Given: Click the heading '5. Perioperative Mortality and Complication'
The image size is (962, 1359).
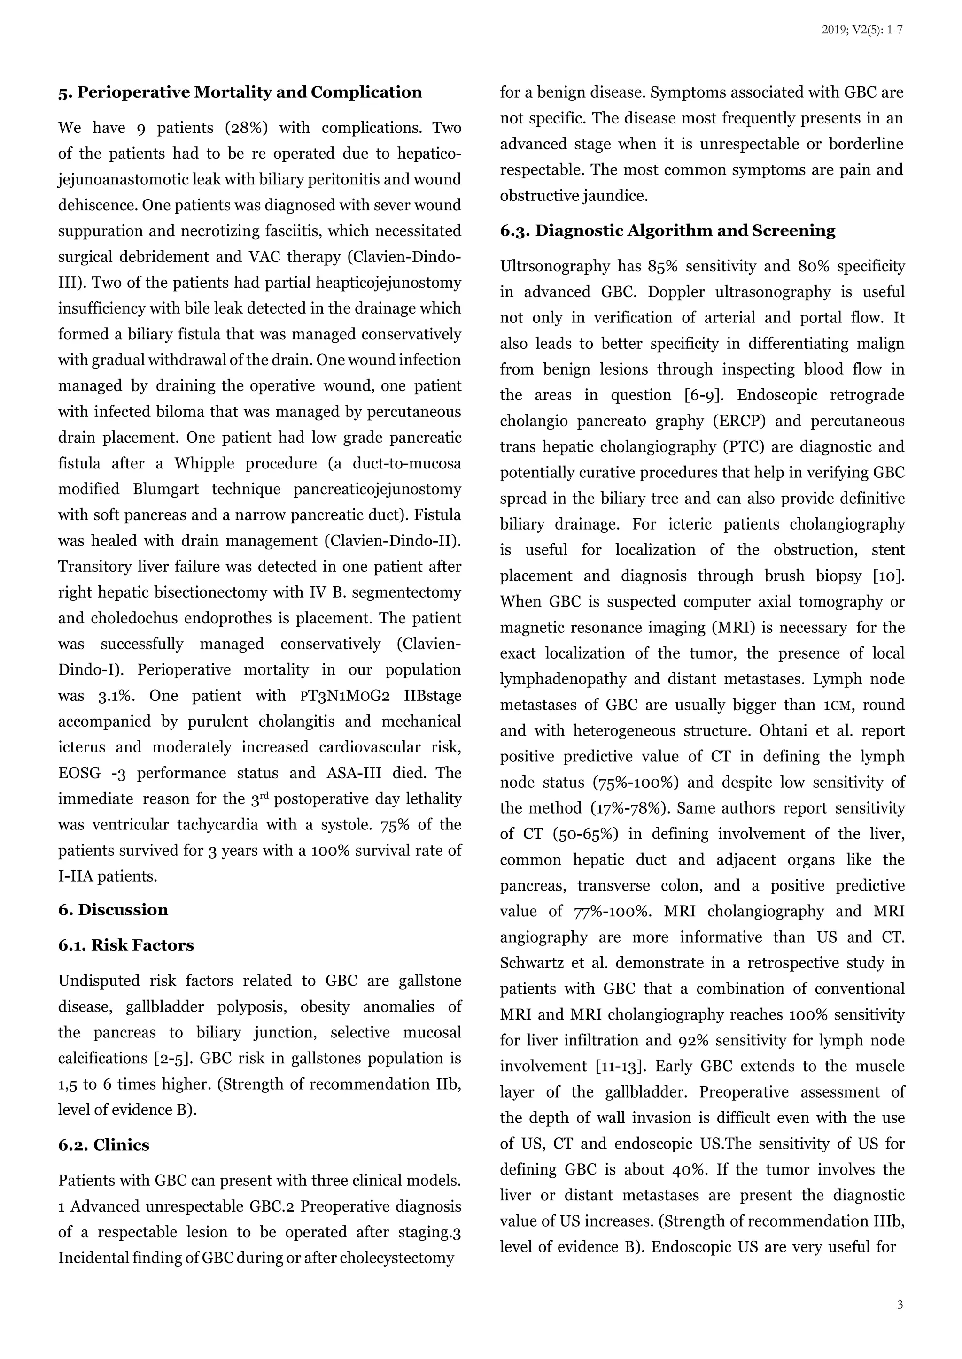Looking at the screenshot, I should click(240, 92).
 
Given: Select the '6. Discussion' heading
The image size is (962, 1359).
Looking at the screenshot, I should click(113, 910).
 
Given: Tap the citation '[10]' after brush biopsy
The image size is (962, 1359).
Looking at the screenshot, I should click(889, 576).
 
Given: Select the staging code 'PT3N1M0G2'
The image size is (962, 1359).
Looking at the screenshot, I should click(345, 696).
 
